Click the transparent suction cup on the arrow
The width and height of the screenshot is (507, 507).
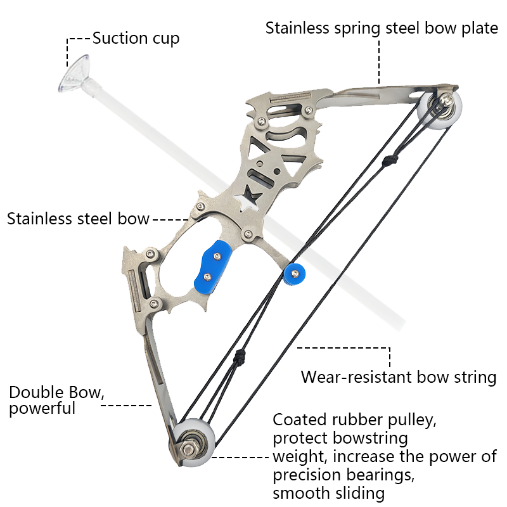coord(74,73)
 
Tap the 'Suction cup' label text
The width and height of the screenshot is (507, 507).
coord(136,39)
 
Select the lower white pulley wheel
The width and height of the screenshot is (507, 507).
coord(193,443)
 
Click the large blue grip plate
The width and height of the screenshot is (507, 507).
coord(212,267)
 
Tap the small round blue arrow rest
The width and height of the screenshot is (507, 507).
coord(294,274)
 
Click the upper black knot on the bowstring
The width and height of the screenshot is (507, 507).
coord(390,160)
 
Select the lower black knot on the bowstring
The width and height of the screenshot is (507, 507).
coord(240,357)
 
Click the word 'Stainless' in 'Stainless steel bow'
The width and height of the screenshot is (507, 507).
coord(40,219)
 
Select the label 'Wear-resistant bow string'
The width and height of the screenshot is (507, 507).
coord(399,377)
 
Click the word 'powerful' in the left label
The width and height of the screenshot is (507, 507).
coord(42,408)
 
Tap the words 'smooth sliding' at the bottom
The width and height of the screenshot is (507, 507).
coord(329,494)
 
